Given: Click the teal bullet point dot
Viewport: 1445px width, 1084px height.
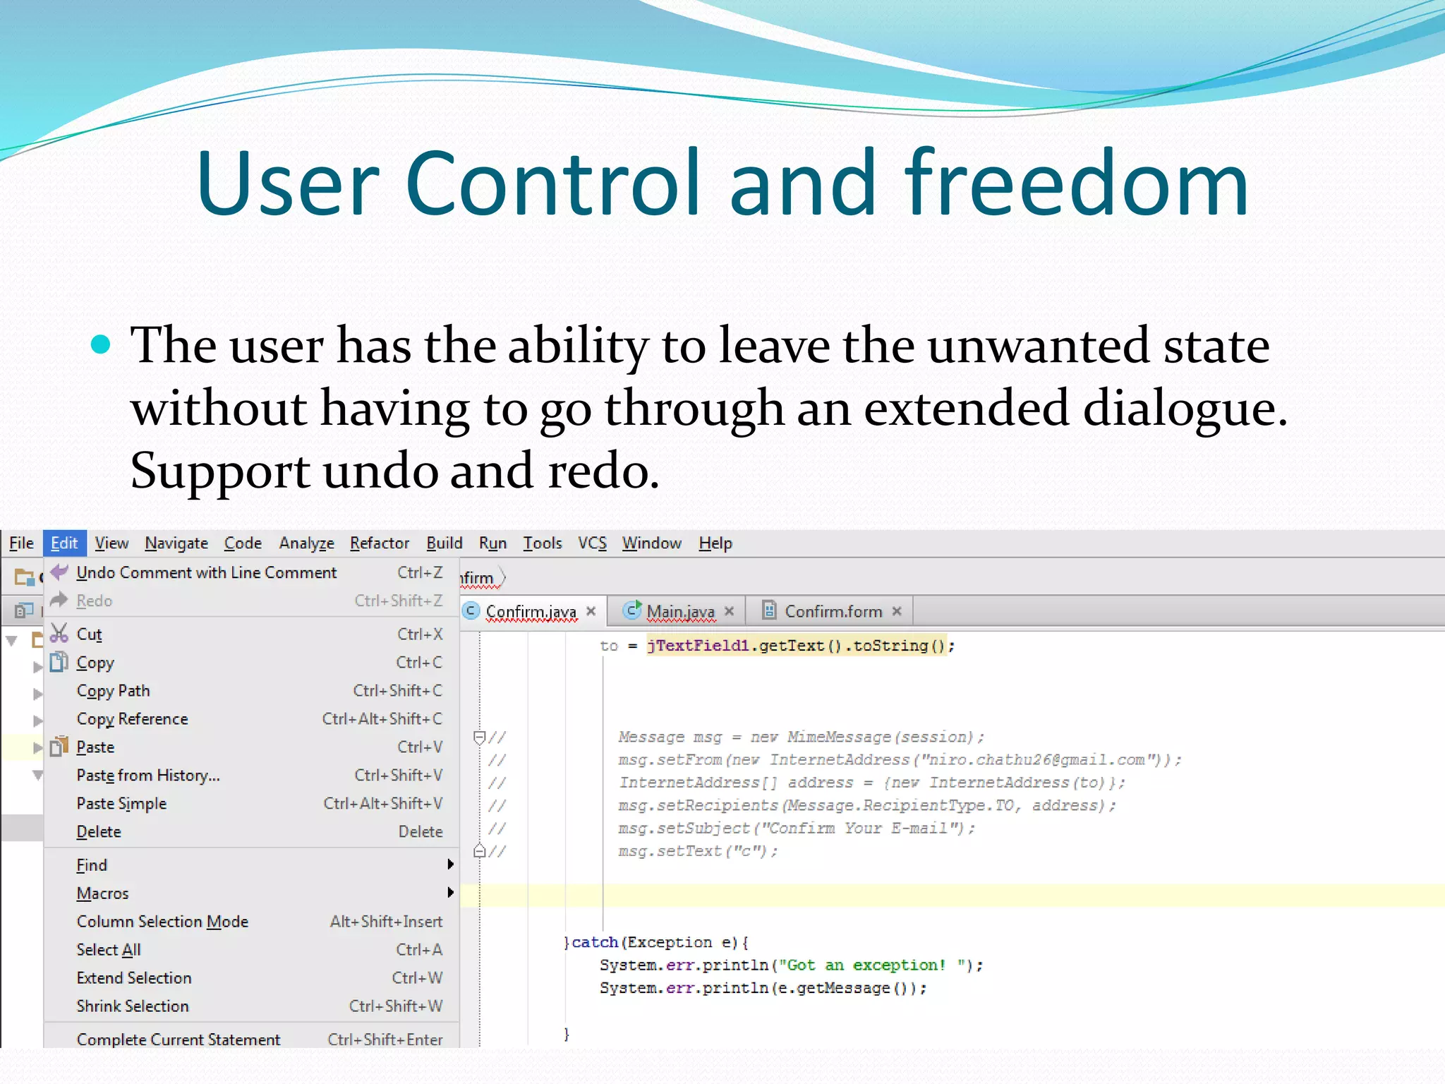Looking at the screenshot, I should (x=102, y=344).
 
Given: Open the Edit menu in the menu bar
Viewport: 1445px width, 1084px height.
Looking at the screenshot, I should (x=64, y=543).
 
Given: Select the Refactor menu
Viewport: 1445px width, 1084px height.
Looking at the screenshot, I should (x=379, y=543).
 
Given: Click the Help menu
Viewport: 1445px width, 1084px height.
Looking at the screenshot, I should (x=715, y=543).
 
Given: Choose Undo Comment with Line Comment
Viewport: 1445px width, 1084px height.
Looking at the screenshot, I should (x=206, y=572).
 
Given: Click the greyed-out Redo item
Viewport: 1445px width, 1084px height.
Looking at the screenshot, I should (x=95, y=601).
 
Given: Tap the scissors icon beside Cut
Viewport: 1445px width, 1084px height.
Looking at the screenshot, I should (x=59, y=633).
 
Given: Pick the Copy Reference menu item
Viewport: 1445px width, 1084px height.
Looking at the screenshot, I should (x=132, y=718).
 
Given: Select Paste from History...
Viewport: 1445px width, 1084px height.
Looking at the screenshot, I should (x=148, y=775).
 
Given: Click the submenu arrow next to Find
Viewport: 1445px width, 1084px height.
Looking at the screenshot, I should (x=450, y=865).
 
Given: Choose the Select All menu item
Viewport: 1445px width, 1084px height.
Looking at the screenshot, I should (x=109, y=949).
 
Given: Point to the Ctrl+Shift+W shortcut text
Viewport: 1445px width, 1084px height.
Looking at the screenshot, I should (x=395, y=1006).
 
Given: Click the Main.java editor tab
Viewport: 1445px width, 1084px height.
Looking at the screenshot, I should (x=680, y=611).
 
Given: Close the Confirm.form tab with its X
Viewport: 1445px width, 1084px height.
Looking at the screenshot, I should (x=897, y=611).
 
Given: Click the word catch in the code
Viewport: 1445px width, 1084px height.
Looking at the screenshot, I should (x=594, y=942).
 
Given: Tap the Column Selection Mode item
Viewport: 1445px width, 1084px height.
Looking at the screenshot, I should (x=162, y=921).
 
